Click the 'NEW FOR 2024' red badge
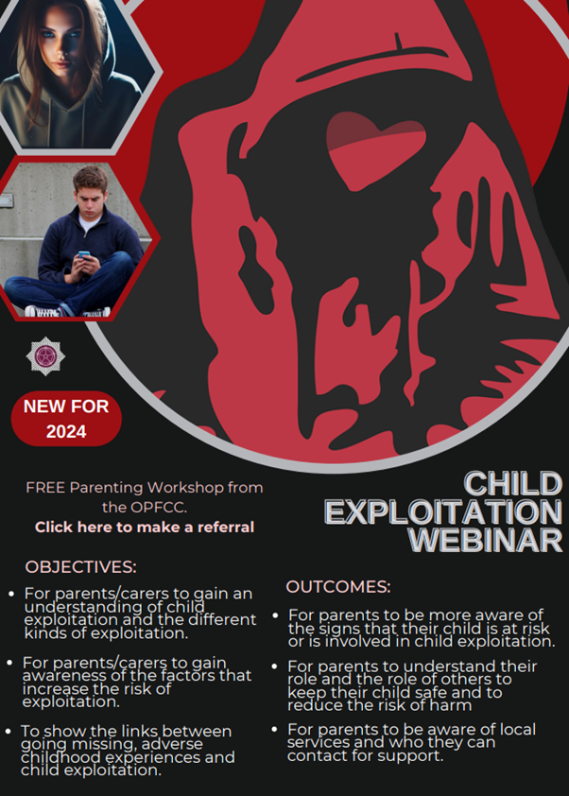coord(66,419)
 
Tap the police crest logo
coord(45,355)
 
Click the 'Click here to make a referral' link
coord(145,527)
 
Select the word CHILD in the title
coord(513,483)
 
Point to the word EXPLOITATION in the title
coord(443,511)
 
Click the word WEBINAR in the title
coord(486,540)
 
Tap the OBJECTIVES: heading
coord(80,567)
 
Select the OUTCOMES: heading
coord(338,587)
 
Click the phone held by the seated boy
coord(84,253)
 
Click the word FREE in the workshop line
coord(45,488)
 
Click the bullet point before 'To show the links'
coord(9,732)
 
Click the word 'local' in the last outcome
coord(517,730)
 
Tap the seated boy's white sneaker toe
coord(34,310)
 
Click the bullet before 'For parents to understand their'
coord(275,666)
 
